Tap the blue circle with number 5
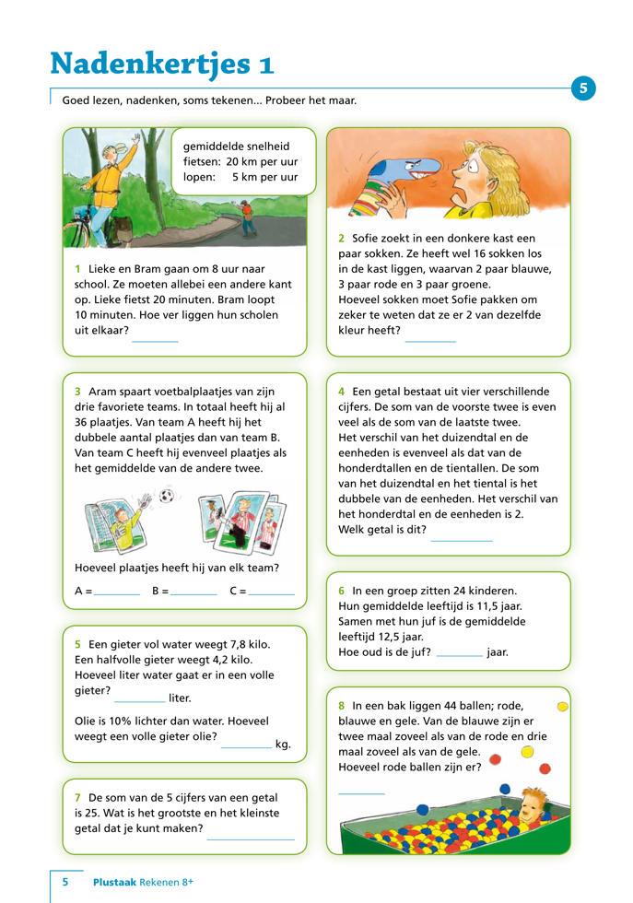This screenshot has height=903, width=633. (583, 88)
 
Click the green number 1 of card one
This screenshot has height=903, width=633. (77, 268)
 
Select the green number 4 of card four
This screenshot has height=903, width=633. (341, 392)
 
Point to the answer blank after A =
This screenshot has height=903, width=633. (116, 593)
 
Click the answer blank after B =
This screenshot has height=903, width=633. (193, 593)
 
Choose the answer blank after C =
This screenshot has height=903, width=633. (271, 593)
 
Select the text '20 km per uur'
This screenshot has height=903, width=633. (262, 161)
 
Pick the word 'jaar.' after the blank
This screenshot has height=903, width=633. (498, 652)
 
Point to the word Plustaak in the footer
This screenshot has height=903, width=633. (114, 882)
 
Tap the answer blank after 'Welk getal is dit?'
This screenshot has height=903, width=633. (462, 537)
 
